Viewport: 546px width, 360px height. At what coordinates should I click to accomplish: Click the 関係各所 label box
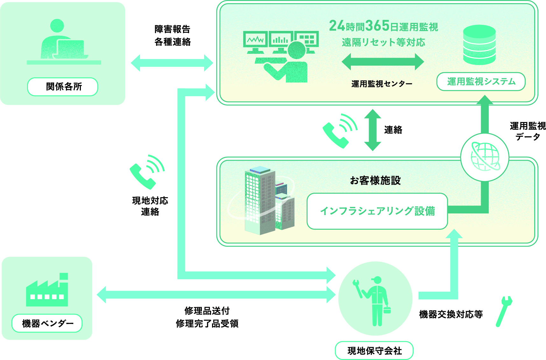(x=62, y=87)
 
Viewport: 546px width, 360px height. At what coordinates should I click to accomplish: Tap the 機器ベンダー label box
(x=47, y=323)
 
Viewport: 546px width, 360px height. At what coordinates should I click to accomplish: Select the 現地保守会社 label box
(x=374, y=350)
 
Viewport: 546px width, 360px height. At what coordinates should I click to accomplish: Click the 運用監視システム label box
(x=481, y=82)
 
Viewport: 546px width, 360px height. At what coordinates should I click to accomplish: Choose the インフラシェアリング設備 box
(x=377, y=211)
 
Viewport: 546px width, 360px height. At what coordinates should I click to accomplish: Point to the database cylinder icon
(x=479, y=45)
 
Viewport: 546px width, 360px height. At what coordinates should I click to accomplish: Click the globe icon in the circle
(x=485, y=157)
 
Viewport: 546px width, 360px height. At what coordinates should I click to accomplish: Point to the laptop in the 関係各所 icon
(x=71, y=49)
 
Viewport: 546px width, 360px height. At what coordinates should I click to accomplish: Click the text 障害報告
(x=172, y=29)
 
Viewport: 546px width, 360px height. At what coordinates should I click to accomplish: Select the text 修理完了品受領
(x=207, y=324)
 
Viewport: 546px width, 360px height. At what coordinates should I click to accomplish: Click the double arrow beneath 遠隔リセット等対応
(x=383, y=61)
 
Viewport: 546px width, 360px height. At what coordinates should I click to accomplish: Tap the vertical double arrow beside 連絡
(x=372, y=130)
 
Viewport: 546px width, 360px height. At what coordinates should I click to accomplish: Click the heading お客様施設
(x=375, y=181)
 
